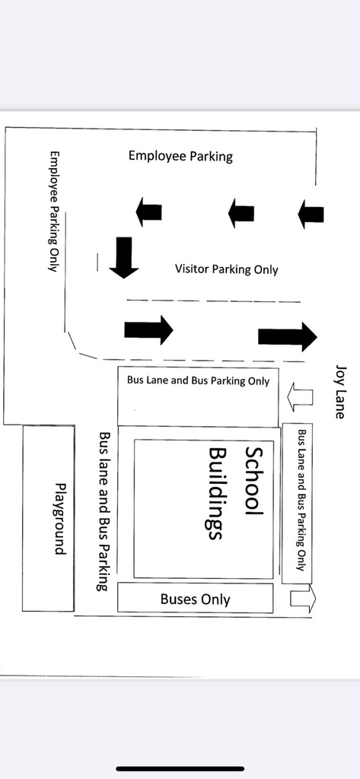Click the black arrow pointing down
click(x=123, y=257)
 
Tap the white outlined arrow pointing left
click(x=301, y=397)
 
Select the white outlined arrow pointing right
click(x=303, y=599)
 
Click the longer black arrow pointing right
click(x=288, y=336)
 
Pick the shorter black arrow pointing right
click(x=148, y=329)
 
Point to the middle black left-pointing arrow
click(x=241, y=213)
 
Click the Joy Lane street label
click(x=340, y=393)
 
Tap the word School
click(x=253, y=482)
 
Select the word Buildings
click(x=218, y=493)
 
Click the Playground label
click(x=59, y=519)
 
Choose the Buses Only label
click(x=196, y=599)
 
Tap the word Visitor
click(x=192, y=269)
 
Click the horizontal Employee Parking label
click(x=180, y=156)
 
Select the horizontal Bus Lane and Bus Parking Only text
click(x=198, y=380)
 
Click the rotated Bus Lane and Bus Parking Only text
click(x=301, y=500)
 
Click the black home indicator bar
click(x=180, y=769)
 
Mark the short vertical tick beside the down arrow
click(x=97, y=262)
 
